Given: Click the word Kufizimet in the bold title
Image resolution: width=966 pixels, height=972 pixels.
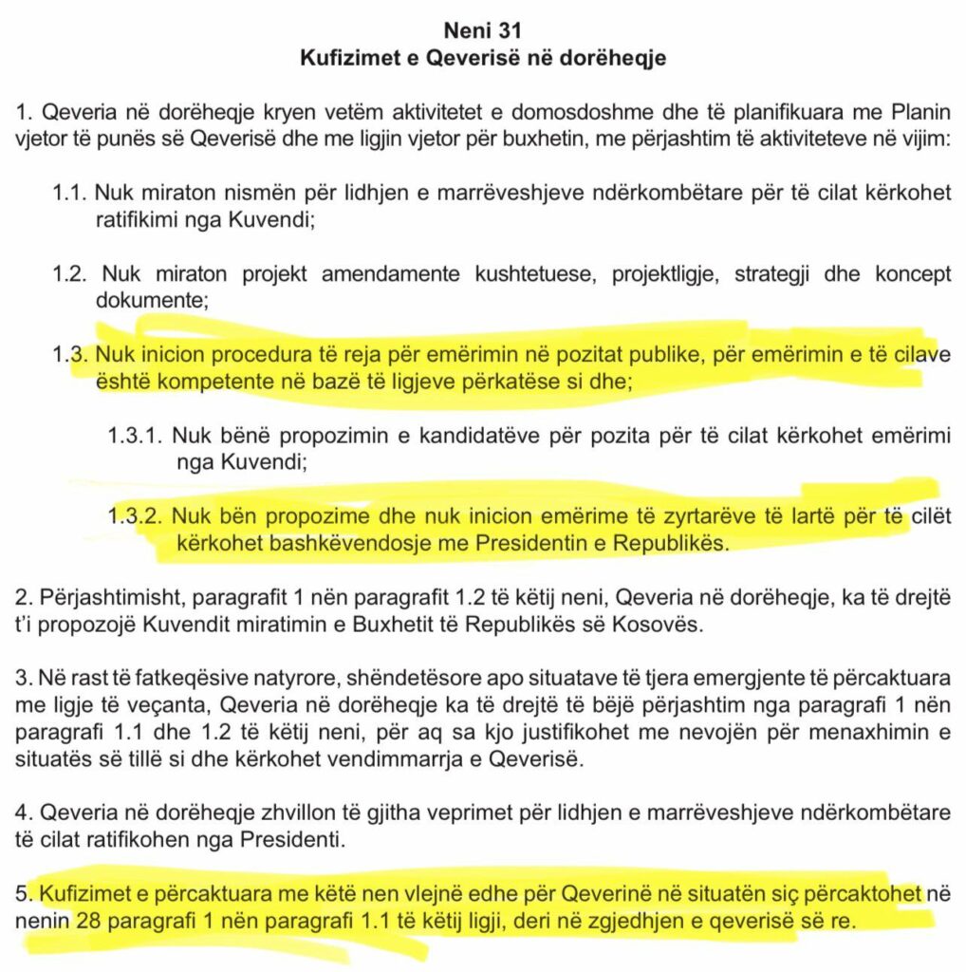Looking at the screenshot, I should (341, 58).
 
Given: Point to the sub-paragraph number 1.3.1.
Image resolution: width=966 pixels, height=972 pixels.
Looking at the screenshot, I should (133, 437).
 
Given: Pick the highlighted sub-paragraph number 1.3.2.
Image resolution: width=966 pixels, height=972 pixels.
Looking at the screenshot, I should (134, 517).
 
